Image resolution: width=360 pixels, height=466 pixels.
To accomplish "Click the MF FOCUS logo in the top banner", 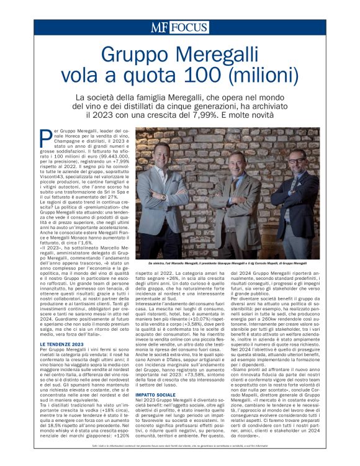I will click(x=180, y=27).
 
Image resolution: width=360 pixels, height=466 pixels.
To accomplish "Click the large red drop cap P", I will click(x=47, y=137).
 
